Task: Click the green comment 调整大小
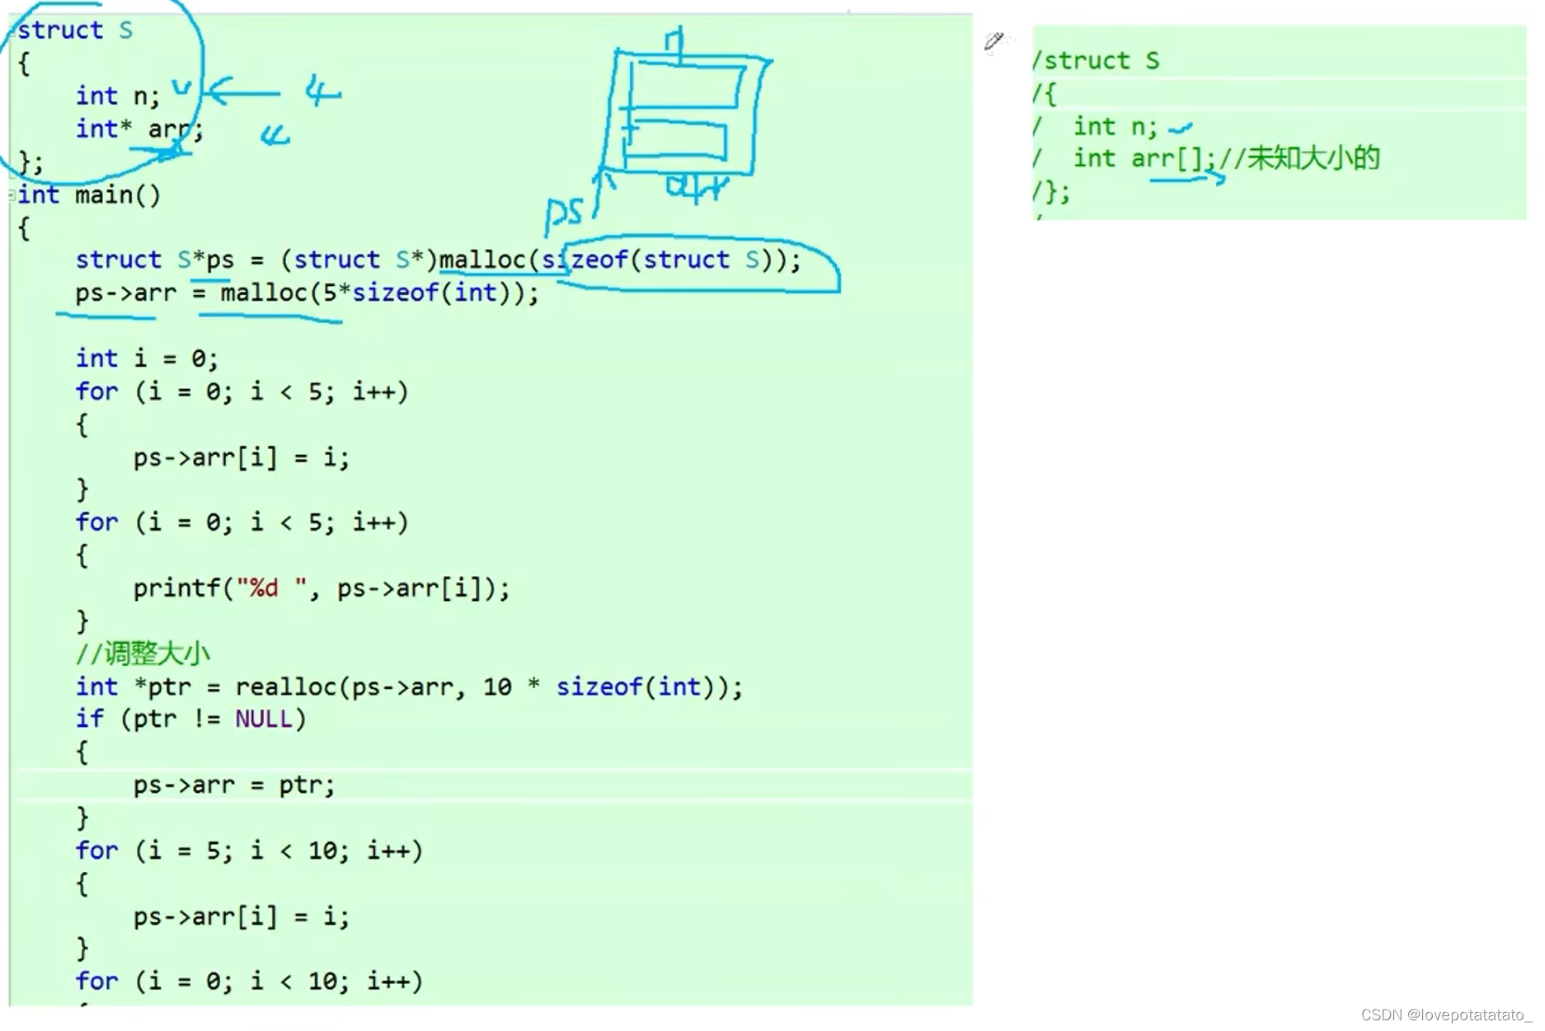point(157,654)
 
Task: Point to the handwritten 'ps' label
point(563,213)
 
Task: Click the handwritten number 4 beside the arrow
point(322,91)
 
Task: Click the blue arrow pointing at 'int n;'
point(242,92)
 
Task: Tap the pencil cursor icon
point(994,40)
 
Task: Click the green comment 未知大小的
point(1313,157)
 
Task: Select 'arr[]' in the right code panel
point(1167,157)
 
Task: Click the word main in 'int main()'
point(105,195)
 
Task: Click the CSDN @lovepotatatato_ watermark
point(1445,1015)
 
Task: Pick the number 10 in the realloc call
point(497,687)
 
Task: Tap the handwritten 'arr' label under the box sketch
point(697,188)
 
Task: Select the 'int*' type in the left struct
point(103,129)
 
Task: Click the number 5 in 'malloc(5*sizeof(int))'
point(329,293)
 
